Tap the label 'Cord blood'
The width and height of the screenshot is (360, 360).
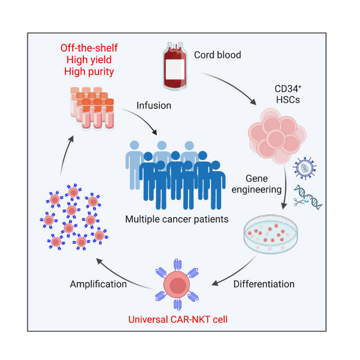point(218,55)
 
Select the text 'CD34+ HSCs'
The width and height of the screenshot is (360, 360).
point(287,94)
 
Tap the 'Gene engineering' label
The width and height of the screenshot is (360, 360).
point(263,184)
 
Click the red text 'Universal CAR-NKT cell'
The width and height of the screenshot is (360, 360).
point(177,319)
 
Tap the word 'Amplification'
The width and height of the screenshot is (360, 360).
point(98,284)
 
